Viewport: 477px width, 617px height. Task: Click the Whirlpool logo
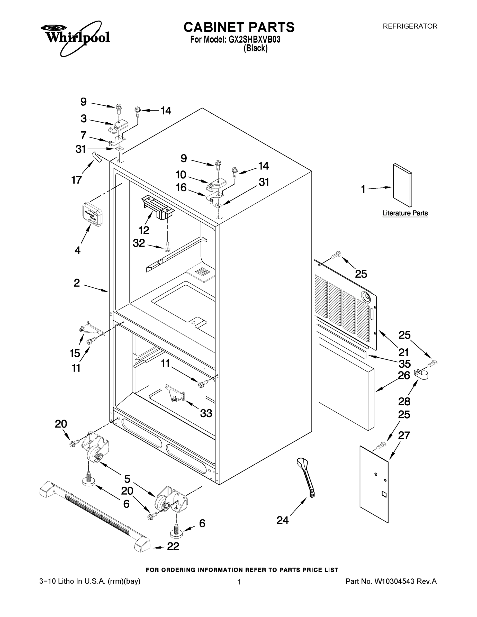click(x=75, y=37)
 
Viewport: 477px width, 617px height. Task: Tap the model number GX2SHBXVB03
click(x=254, y=40)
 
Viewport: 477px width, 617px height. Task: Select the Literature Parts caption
click(x=405, y=213)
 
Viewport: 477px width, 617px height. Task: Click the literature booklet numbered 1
click(x=402, y=185)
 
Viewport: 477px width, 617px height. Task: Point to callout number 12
click(x=143, y=230)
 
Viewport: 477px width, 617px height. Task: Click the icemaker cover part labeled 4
click(x=92, y=214)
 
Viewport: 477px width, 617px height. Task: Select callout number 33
click(x=206, y=413)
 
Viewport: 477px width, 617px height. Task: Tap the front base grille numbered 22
click(x=95, y=516)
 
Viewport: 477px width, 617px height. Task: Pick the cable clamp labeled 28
click(x=421, y=375)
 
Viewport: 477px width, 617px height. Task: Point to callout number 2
click(x=77, y=283)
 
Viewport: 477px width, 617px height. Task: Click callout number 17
click(x=77, y=180)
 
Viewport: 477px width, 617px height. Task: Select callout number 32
click(x=139, y=243)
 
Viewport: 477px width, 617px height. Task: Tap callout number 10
click(x=181, y=175)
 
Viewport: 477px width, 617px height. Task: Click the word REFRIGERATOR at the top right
click(x=410, y=26)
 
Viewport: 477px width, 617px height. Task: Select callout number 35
click(x=404, y=364)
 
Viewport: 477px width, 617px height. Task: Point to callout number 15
click(x=75, y=353)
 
